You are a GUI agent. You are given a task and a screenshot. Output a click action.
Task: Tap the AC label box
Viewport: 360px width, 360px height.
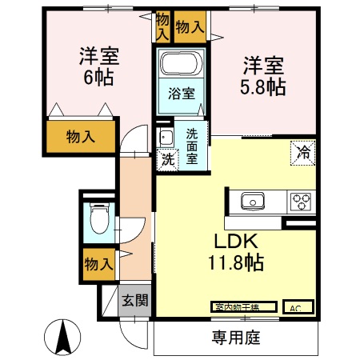(296, 307)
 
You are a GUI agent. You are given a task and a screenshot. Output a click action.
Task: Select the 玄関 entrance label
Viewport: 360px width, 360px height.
(134, 301)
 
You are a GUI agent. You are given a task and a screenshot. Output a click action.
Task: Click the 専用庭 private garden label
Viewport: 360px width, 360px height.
(237, 338)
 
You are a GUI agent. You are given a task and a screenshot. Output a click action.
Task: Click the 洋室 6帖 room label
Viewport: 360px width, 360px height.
(98, 66)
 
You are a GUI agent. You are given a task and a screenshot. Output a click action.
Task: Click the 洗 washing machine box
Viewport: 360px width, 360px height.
(166, 158)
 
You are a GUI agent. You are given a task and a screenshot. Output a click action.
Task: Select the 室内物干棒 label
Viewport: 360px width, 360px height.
(244, 307)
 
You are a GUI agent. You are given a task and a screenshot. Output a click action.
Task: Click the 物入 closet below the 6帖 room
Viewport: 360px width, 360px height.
(80, 137)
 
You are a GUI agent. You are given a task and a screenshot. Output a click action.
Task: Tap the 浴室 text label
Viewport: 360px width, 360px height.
(180, 94)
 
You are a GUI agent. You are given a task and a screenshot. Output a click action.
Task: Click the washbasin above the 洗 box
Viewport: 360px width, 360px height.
(166, 136)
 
